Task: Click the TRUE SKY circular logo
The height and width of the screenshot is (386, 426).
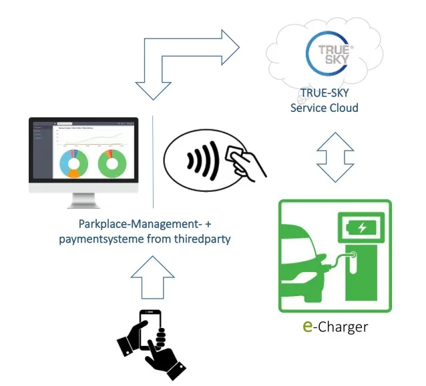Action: (328, 52)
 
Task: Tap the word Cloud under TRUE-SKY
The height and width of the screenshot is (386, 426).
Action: (344, 107)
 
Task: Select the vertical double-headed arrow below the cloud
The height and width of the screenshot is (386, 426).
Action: (335, 157)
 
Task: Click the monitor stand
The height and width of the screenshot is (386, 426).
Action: (83, 200)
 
